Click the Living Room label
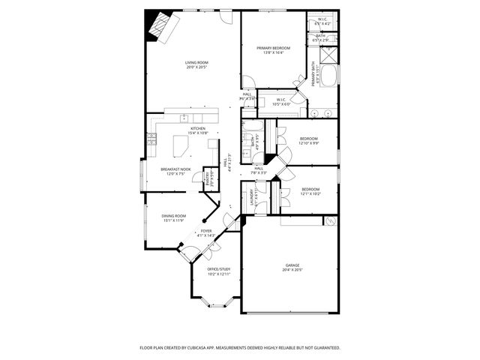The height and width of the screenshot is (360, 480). [x=196, y=62]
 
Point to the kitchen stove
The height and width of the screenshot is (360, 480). [x=151, y=139]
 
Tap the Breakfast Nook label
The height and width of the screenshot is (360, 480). [x=175, y=169]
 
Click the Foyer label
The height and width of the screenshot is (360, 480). [x=205, y=231]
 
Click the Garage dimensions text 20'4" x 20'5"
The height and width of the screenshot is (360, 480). [x=292, y=270]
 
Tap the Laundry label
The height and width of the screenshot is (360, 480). [x=253, y=196]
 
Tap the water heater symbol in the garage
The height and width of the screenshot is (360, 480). [x=328, y=221]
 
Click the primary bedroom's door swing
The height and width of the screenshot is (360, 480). [x=247, y=83]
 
